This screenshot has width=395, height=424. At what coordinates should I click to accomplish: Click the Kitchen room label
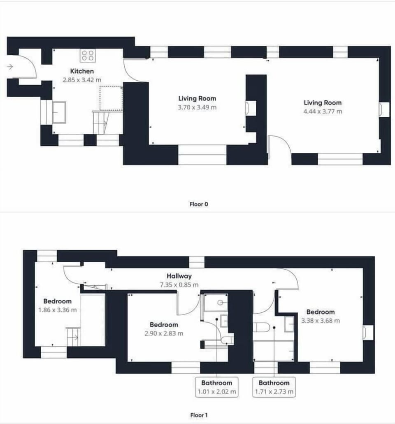82,71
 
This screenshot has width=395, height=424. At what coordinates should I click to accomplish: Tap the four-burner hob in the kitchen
87,55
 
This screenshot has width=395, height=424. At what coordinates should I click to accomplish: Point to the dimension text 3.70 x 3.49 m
197,107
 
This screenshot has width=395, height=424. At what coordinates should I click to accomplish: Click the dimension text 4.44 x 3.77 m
323,111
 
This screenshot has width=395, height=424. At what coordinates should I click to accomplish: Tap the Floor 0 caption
198,204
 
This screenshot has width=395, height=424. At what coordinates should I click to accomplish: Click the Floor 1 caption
198,415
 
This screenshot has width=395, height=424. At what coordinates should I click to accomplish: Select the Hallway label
179,276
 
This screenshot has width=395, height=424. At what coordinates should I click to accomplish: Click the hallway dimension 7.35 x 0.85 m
179,284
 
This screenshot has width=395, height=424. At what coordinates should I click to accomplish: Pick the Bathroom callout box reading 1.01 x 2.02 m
216,387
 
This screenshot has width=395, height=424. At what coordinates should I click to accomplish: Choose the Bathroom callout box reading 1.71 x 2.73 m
274,387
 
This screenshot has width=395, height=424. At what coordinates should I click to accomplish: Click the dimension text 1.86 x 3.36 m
57,310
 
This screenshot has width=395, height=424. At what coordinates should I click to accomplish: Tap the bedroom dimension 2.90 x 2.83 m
164,333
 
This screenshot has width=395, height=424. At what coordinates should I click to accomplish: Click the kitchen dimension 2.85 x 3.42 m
82,80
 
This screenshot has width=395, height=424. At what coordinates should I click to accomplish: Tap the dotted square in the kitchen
111,98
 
